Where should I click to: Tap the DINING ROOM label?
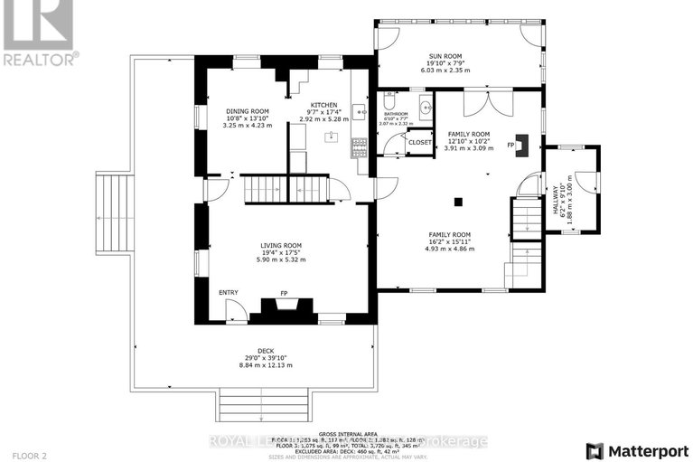point(247,111)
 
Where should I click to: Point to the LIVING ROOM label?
point(280,245)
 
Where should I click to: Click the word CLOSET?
point(420,143)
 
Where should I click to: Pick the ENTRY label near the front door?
point(228,292)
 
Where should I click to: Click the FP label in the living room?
point(284,294)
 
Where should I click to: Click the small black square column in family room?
point(460,200)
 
